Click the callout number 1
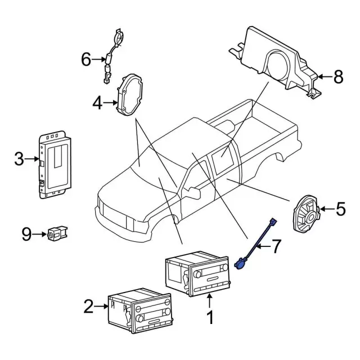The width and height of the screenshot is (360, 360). tap(209, 318)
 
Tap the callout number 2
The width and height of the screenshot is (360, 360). tap(88, 307)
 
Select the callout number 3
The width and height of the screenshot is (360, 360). tap(19, 160)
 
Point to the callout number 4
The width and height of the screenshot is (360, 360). tap(97, 103)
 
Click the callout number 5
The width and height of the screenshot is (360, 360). tap(341, 210)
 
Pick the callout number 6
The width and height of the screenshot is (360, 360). tap(85, 58)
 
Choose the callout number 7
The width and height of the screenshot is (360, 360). tap(275, 246)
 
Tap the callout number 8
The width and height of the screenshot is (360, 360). tap(337, 77)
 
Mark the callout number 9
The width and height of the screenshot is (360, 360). tap(26, 234)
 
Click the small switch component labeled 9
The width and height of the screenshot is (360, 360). tap(57, 233)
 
